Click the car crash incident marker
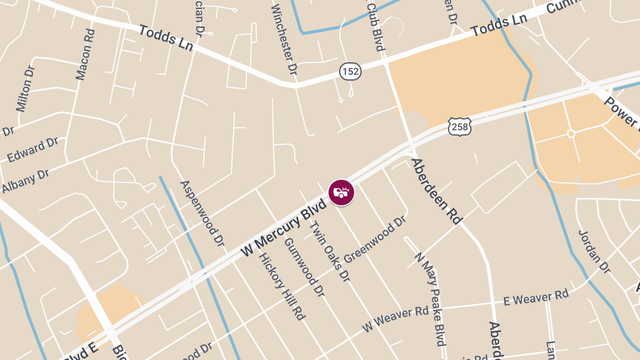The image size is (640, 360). tap(341, 193)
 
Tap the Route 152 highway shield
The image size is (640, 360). tap(350, 71)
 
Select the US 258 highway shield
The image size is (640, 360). tap(459, 126)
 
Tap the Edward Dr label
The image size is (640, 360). tap(33, 149)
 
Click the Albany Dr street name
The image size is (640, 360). tap(25, 181)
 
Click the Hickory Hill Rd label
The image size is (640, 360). tap(282, 286)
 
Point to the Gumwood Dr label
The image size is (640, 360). tap(304, 267)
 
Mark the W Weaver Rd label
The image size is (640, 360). tap(395, 319)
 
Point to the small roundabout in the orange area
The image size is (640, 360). tap(571, 133)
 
